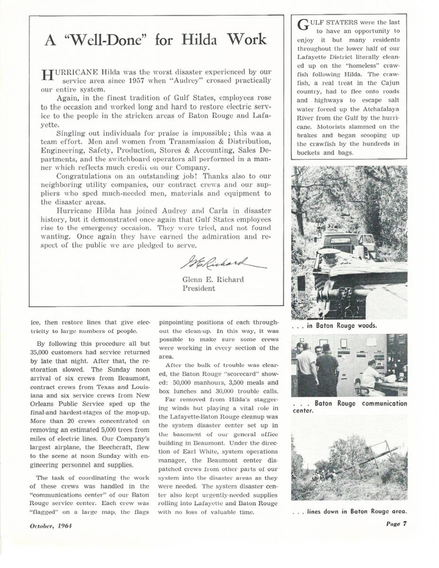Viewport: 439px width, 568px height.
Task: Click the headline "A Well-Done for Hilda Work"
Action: coord(155,39)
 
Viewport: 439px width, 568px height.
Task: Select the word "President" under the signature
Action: coord(199,288)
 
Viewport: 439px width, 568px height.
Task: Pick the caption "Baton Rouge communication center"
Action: coord(350,407)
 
